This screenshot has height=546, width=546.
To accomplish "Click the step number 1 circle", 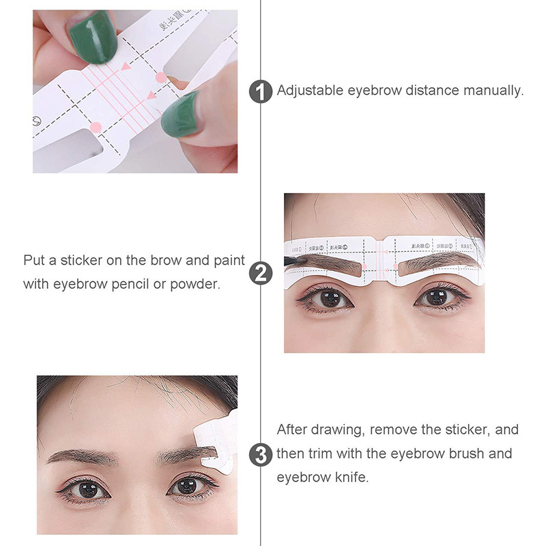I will coord(262,91).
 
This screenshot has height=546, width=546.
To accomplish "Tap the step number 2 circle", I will coord(262,272).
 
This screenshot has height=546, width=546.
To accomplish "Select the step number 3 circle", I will coord(262,454).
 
